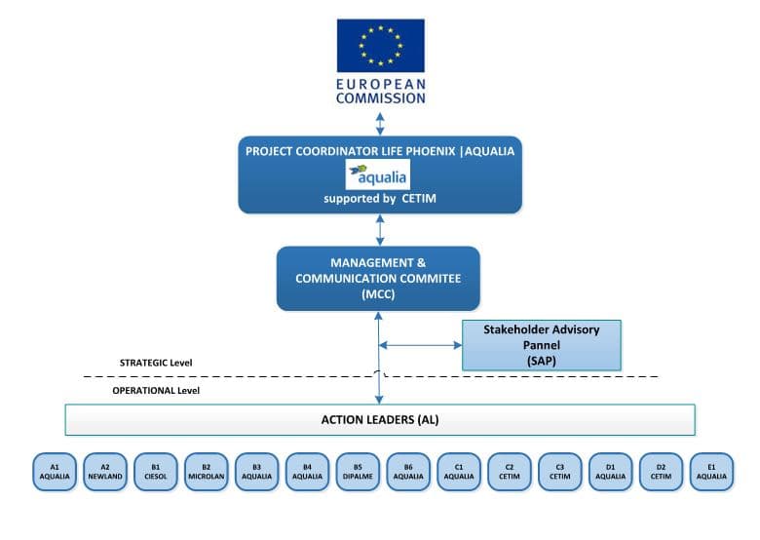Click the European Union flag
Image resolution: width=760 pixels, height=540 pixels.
380,45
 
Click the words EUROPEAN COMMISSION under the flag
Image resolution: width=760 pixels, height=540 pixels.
380,92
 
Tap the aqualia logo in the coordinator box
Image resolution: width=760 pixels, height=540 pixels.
379,174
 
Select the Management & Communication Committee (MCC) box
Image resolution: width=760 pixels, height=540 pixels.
378,279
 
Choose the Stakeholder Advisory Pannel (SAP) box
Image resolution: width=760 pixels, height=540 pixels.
541,345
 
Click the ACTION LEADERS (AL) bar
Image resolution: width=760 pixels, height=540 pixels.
379,419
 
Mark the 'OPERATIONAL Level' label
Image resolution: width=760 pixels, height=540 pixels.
156,390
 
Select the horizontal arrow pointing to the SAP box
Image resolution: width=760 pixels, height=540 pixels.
419,344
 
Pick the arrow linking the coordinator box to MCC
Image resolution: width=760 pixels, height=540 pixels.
379,229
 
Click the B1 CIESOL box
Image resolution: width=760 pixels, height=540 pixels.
156,472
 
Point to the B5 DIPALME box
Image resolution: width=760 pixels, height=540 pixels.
358,472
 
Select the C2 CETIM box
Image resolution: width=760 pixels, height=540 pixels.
510,472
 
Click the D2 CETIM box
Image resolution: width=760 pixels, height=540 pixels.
662,472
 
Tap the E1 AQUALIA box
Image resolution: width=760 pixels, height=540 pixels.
711,472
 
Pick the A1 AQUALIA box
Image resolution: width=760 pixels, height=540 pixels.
55,472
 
